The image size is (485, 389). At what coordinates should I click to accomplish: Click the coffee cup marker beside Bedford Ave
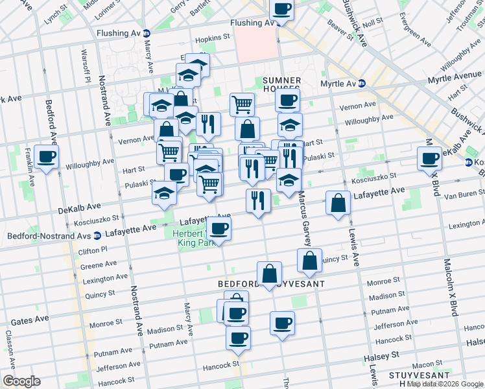(47, 157)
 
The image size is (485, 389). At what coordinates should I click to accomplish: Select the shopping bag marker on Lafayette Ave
(337, 204)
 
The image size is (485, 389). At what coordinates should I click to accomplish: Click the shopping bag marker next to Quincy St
(311, 261)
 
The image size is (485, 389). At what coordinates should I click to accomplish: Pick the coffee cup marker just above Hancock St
(238, 338)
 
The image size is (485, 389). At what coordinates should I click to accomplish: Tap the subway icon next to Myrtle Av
(362, 84)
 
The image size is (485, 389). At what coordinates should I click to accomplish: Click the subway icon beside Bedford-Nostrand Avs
(97, 235)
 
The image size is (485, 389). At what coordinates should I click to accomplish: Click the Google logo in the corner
(21, 381)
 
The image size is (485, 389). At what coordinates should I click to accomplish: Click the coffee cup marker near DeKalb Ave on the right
(429, 158)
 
